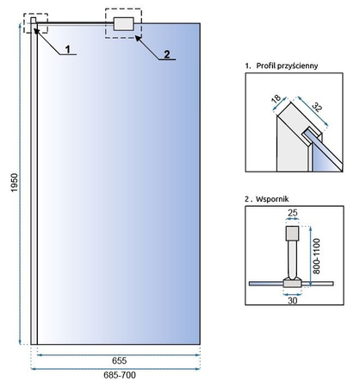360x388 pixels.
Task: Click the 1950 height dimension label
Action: click(x=15, y=183)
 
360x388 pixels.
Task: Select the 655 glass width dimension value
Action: click(x=119, y=360)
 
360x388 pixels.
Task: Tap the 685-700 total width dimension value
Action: click(x=120, y=375)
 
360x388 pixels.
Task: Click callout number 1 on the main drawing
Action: click(x=67, y=49)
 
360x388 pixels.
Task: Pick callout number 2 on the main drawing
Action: click(x=167, y=54)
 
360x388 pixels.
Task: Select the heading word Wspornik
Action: click(x=272, y=199)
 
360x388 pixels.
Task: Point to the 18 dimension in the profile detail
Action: click(x=276, y=99)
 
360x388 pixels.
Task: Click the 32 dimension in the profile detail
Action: click(x=317, y=107)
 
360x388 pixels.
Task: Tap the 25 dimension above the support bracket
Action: click(x=292, y=213)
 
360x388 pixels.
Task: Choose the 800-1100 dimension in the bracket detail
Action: click(x=316, y=256)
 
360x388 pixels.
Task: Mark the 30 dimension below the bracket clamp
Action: click(x=292, y=301)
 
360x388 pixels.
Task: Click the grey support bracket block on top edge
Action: click(x=124, y=24)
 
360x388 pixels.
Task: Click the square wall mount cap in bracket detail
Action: click(x=292, y=234)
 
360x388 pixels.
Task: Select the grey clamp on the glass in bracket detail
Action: click(x=292, y=283)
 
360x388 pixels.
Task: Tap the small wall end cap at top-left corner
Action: click(x=34, y=21)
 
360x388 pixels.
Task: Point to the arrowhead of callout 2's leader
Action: click(x=138, y=38)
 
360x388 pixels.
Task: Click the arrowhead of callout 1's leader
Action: click(x=36, y=30)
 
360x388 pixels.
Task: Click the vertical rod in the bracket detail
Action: click(x=292, y=260)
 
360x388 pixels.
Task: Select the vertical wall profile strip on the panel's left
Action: click(x=34, y=184)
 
